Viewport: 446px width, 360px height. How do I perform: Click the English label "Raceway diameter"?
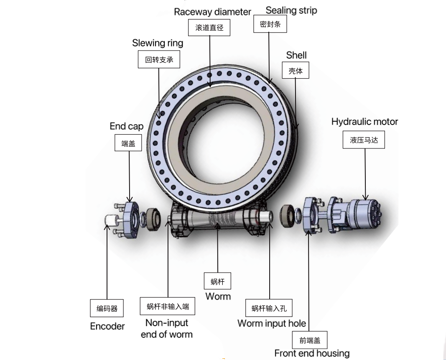click(212, 12)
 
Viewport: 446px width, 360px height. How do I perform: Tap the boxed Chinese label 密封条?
click(270, 24)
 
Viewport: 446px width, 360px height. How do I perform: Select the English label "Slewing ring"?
click(158, 43)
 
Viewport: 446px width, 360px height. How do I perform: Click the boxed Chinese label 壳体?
click(296, 71)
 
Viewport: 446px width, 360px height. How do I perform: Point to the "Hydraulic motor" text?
click(364, 122)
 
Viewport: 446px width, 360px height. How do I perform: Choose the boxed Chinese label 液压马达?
click(364, 140)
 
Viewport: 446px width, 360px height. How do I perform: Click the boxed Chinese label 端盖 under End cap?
click(128, 143)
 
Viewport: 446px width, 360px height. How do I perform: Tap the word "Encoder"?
click(107, 326)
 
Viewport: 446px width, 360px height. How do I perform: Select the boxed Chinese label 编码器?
click(107, 309)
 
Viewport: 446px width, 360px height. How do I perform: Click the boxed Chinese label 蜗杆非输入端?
click(168, 306)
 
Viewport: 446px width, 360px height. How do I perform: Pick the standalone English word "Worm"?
click(218, 296)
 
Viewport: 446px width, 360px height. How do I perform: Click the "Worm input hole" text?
click(272, 323)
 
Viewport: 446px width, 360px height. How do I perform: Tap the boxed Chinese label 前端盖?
click(310, 340)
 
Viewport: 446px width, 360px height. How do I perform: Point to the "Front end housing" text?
click(312, 353)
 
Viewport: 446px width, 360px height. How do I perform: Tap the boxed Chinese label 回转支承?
click(159, 60)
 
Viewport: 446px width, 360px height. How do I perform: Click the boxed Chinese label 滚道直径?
click(209, 28)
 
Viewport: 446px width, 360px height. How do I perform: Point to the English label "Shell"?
click(296, 55)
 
